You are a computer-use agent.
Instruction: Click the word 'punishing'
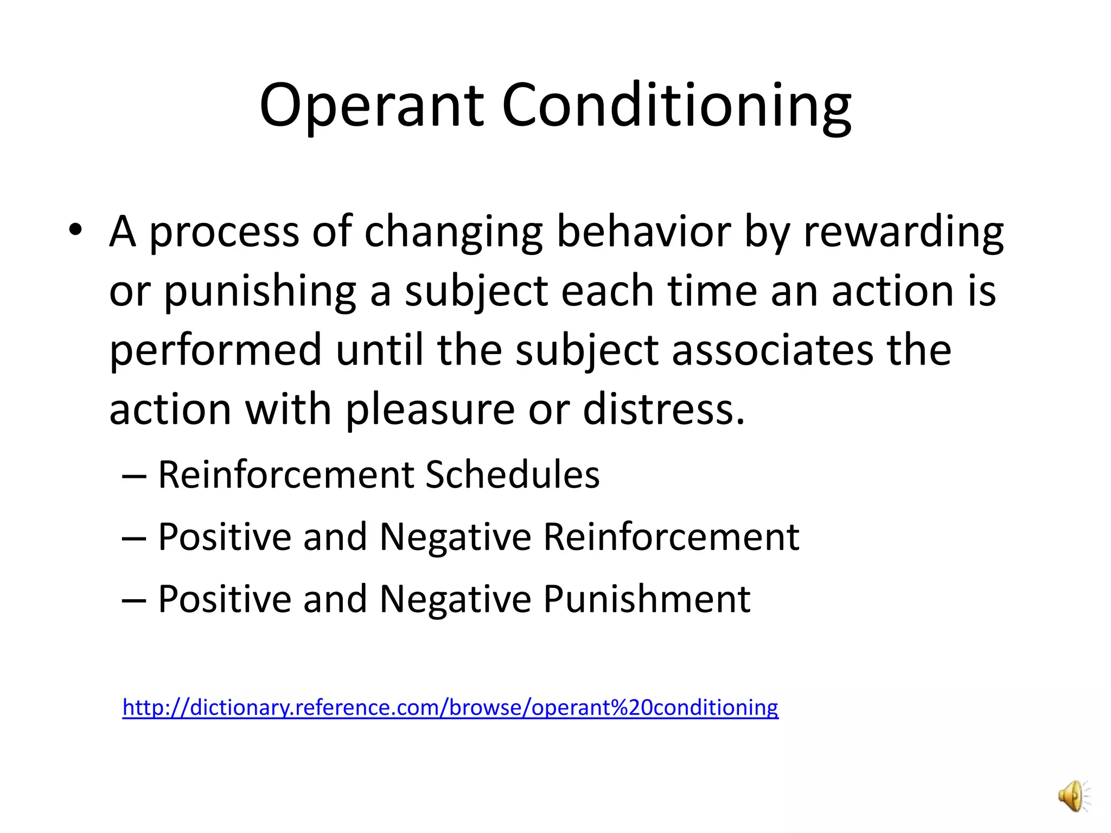[260, 292]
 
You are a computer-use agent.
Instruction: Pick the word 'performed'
[216, 350]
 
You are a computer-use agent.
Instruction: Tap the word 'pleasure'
[430, 410]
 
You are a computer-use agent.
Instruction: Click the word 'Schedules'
[512, 475]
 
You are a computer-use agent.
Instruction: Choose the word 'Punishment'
[647, 599]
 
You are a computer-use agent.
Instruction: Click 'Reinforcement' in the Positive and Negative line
[671, 537]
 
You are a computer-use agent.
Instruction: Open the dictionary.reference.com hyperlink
[450, 708]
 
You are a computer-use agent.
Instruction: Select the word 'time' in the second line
[712, 292]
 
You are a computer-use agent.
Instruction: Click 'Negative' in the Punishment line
[455, 599]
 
